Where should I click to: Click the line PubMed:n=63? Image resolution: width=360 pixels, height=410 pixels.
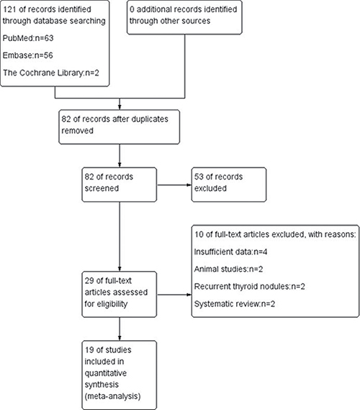coord(28,38)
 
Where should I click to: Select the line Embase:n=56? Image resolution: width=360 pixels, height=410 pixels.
coord(27,55)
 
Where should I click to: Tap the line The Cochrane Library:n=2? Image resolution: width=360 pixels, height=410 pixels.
coord(51,73)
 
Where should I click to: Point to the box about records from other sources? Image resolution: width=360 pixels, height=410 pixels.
coord(184,17)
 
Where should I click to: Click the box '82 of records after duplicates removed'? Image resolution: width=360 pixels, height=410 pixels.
coord(120,127)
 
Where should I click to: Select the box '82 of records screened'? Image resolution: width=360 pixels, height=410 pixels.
coord(120,184)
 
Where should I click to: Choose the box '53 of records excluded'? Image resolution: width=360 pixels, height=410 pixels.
coord(229,184)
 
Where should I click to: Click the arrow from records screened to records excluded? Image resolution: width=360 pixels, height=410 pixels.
coord(174,185)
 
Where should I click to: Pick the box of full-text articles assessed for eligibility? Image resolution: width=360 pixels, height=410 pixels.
coord(120,294)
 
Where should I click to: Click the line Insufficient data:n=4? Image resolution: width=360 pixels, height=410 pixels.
coord(230,251)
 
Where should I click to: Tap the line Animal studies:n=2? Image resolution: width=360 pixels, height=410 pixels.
coord(228,269)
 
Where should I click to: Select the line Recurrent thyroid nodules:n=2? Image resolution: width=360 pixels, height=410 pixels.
coord(250,287)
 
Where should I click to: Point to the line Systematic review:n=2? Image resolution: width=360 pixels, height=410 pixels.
coord(235,304)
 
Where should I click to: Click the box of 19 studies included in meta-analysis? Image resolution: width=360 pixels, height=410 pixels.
coord(120,375)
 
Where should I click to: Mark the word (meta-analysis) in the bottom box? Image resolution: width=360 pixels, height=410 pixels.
coord(112,396)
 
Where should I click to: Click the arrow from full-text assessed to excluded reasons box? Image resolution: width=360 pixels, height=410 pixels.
coord(174,295)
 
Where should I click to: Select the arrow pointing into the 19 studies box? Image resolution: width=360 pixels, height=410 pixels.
coord(120,329)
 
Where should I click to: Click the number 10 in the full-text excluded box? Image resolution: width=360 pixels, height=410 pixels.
coord(199,234)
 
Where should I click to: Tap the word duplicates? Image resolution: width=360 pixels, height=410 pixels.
coord(150,119)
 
